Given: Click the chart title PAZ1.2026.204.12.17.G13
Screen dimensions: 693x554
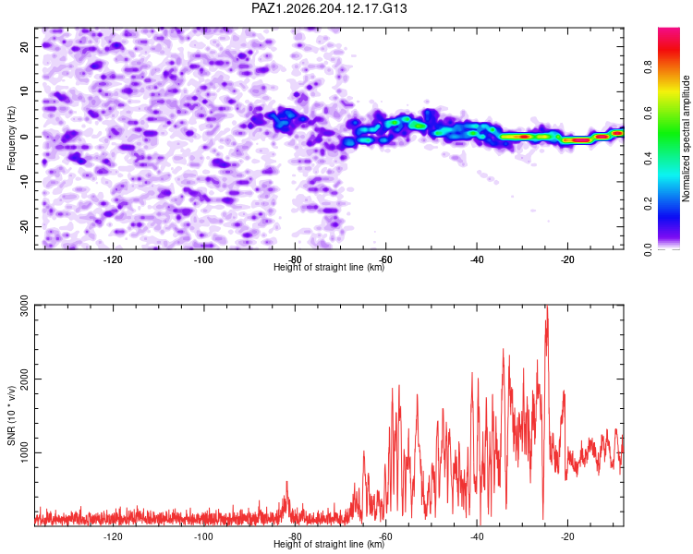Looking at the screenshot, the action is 329,8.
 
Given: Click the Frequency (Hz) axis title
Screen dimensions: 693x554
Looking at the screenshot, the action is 11,138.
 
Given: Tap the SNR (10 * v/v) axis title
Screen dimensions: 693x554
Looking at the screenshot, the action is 11,415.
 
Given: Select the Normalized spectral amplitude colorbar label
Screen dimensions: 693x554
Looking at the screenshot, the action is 686,138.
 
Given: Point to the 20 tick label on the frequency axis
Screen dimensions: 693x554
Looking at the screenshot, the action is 24,46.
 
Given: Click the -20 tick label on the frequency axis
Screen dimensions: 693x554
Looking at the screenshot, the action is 24,225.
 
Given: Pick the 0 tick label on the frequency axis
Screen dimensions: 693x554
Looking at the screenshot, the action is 24,137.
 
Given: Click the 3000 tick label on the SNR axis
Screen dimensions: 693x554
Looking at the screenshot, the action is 24,306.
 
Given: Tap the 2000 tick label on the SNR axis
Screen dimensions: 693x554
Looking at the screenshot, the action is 24,379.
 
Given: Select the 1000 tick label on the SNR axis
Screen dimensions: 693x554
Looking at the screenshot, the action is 24,452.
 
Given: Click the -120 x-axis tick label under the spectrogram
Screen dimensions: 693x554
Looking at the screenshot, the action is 113,259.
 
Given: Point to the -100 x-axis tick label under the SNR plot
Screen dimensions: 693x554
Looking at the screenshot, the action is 204,536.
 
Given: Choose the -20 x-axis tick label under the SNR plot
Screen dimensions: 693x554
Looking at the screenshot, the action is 567,536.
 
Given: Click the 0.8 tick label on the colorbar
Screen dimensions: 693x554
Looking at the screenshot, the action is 648,67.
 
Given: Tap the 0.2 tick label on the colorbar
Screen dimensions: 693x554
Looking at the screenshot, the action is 648,204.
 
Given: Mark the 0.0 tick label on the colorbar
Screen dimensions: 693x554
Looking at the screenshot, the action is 648,249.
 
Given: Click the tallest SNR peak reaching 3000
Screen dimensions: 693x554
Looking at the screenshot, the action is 547,306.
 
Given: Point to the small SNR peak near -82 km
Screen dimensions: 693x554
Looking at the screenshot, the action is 286,482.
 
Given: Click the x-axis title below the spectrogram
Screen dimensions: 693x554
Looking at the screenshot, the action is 329,267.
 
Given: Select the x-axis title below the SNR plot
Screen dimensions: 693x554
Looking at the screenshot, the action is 329,544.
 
